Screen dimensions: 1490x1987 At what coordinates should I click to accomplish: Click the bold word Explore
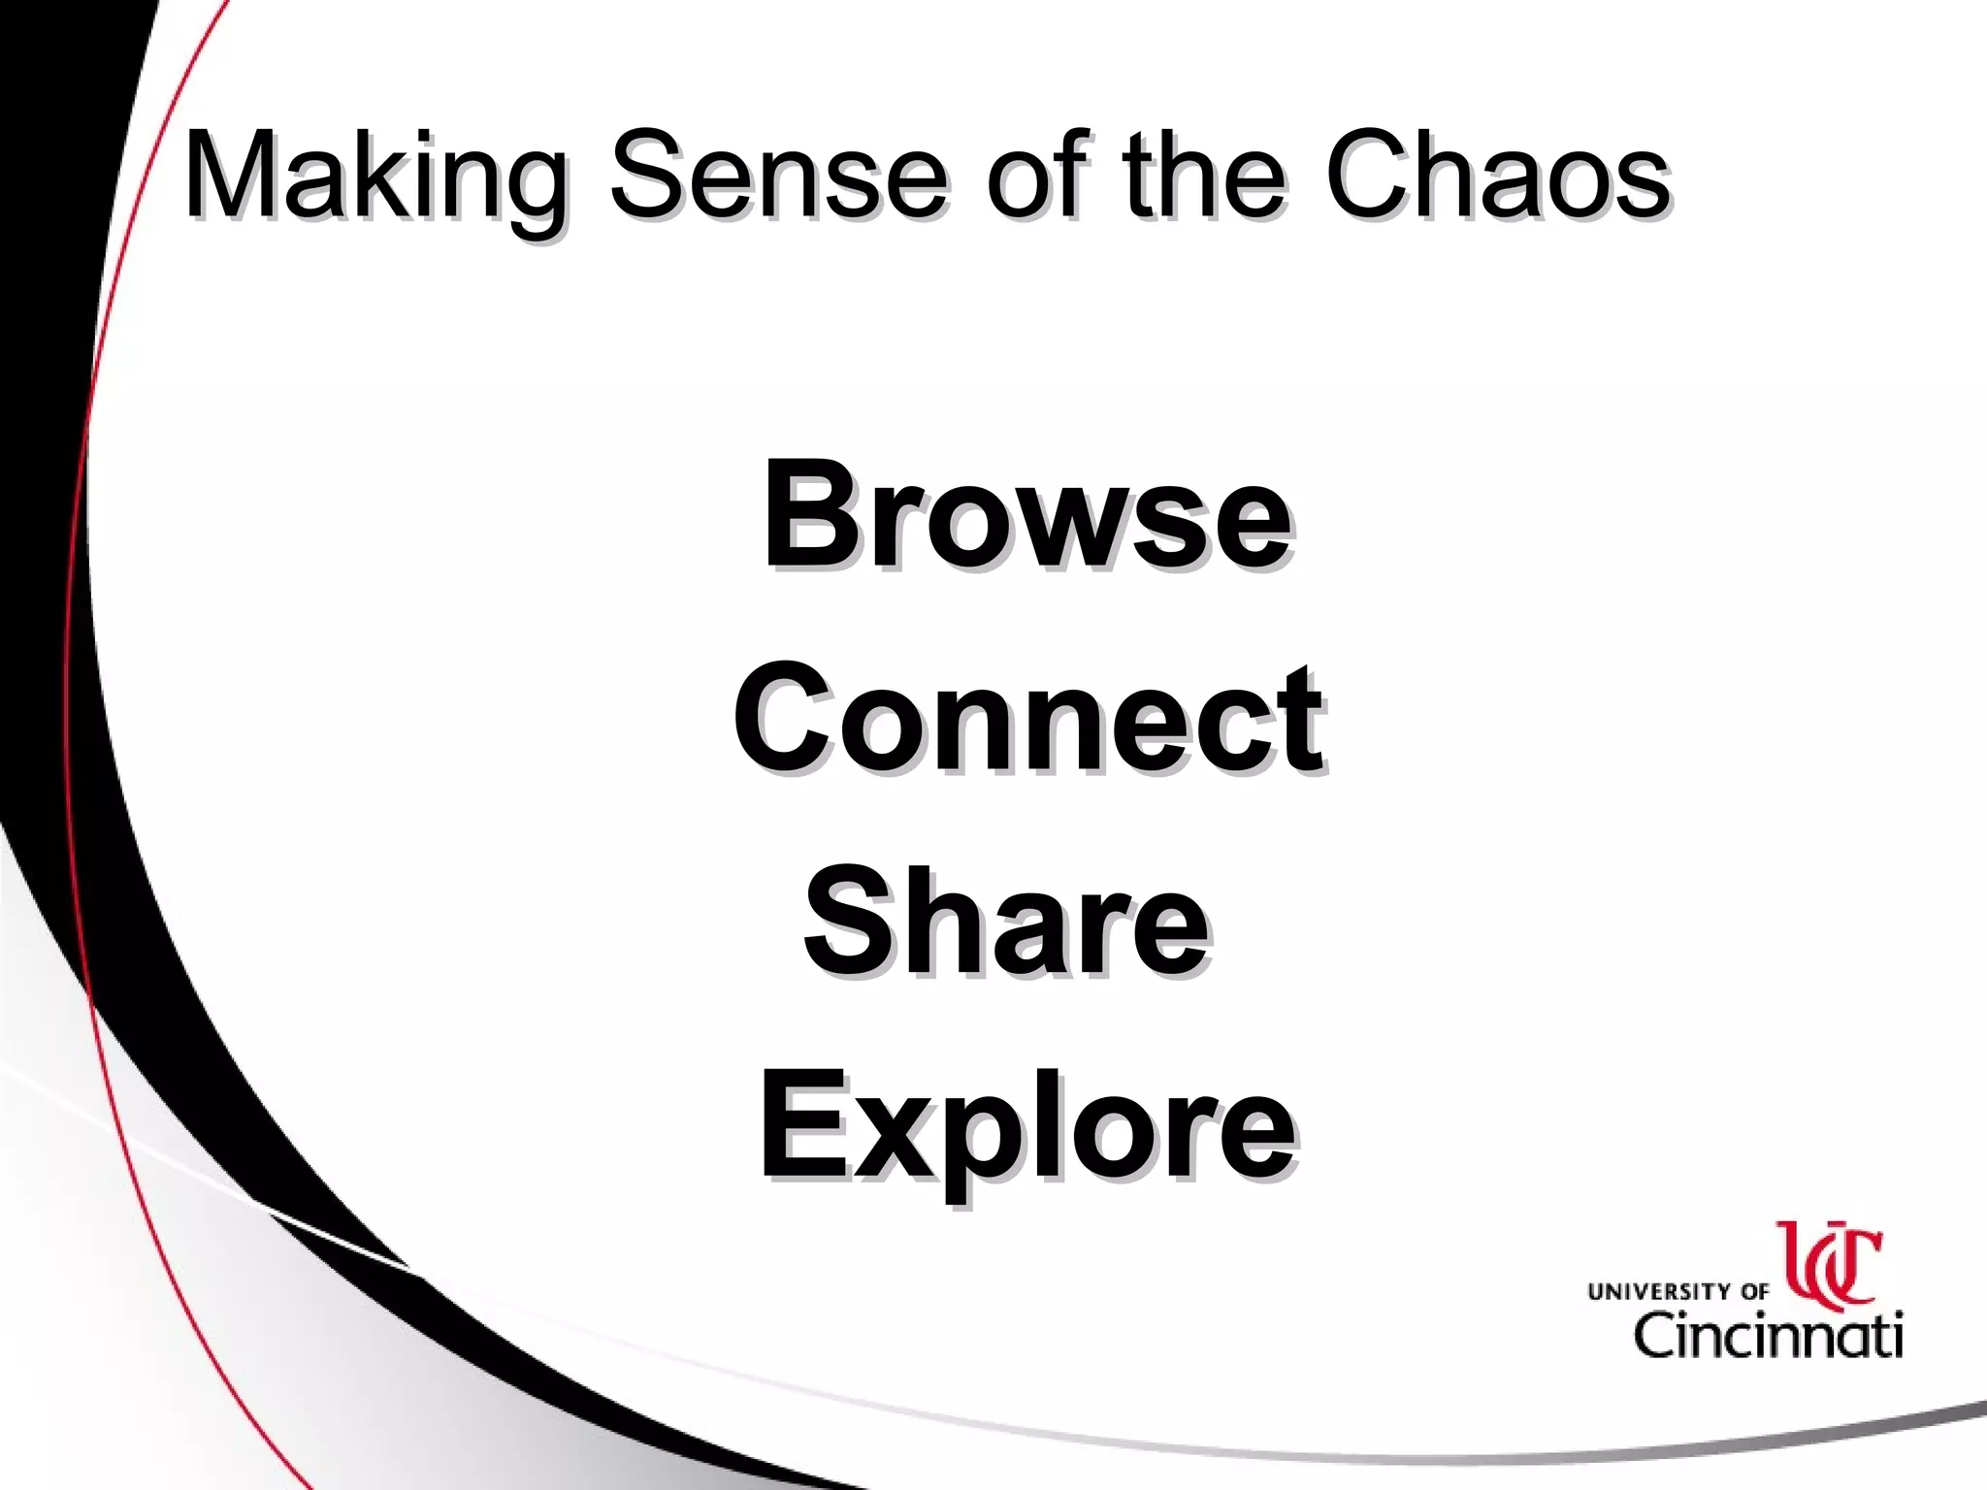(x=1026, y=1130)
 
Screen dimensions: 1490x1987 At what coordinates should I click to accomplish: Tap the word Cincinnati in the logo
(x=1768, y=1336)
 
